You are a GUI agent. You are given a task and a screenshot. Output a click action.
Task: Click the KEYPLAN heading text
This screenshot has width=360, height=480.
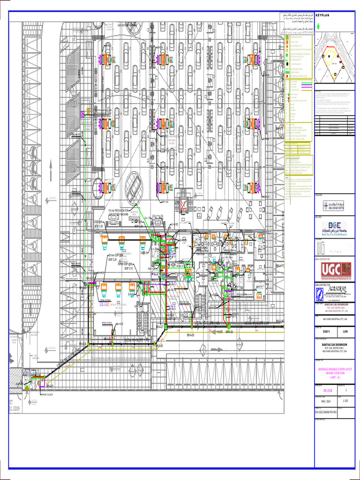click(323, 15)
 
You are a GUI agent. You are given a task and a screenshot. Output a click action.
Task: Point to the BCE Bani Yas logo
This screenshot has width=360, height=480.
click(333, 228)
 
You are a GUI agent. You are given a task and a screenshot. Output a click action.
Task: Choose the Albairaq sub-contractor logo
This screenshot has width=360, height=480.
click(334, 292)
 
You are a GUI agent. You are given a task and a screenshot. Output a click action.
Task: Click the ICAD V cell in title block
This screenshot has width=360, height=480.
click(325, 331)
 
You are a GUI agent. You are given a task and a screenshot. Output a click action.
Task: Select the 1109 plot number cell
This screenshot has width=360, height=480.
click(346, 331)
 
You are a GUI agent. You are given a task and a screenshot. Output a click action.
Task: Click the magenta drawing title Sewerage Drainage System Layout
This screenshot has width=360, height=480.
click(335, 372)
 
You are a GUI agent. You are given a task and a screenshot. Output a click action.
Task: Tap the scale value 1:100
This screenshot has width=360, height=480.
click(346, 400)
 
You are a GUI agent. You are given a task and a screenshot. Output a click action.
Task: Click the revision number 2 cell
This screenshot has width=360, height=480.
click(346, 390)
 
